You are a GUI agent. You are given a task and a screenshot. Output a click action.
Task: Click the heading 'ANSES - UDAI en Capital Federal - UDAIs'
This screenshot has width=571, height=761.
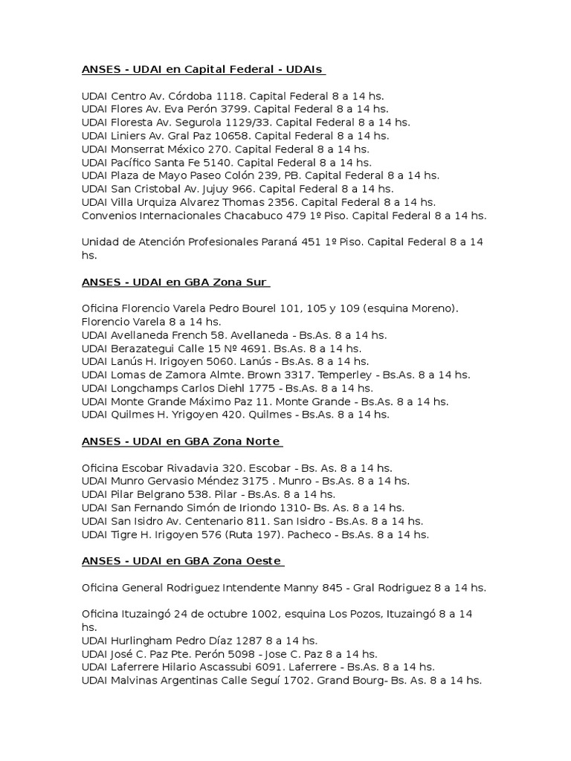coord(202,70)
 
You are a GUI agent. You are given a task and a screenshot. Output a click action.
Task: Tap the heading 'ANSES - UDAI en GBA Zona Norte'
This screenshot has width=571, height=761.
coord(181,441)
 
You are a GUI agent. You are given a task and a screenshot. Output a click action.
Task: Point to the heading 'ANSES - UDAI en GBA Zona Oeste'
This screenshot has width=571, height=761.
coord(181,561)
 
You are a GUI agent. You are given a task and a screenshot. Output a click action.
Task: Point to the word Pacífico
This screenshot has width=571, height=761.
coord(129,163)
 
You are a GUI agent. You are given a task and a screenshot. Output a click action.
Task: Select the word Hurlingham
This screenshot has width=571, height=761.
coord(141,641)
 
